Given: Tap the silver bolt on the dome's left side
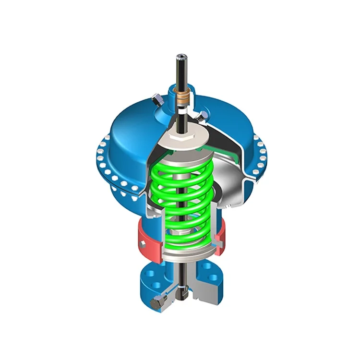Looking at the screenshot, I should pos(156,101).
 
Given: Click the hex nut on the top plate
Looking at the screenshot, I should pos(181,136).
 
